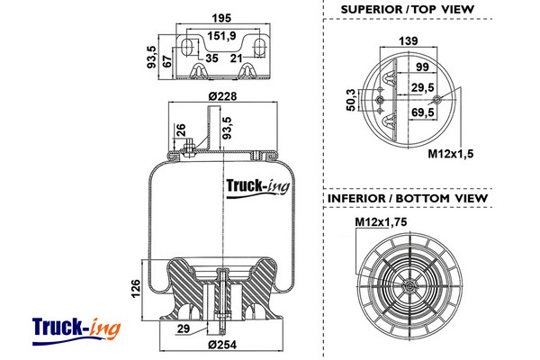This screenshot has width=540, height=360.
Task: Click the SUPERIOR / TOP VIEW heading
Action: (407, 10)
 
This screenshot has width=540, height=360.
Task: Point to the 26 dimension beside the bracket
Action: (182, 129)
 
